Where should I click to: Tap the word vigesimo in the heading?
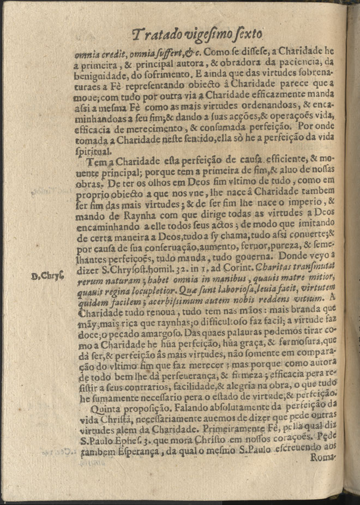207,35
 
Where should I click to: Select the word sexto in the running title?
248,35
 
